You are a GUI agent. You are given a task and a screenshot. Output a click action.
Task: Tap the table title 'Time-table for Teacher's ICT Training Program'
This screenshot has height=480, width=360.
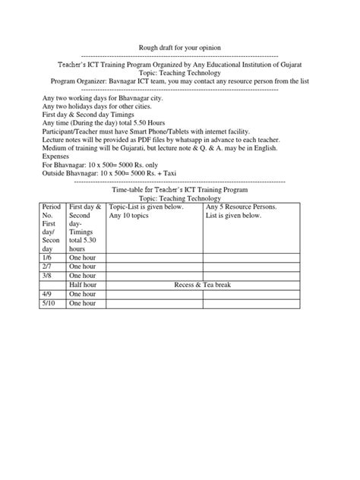[x=179, y=190]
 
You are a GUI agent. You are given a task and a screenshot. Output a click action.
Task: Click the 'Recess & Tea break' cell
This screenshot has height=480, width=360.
[x=203, y=285]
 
